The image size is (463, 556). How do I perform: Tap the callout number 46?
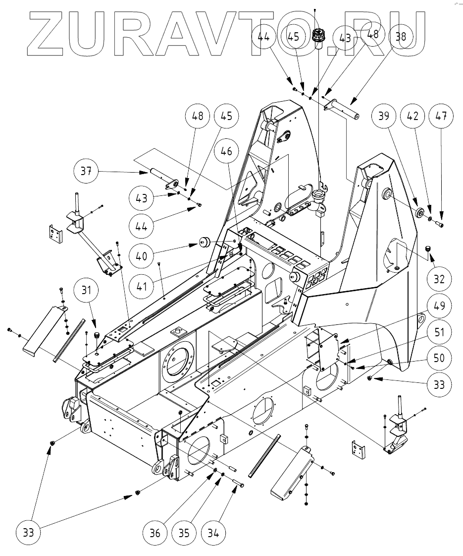[230, 152]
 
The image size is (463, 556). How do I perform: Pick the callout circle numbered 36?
[155, 533]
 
